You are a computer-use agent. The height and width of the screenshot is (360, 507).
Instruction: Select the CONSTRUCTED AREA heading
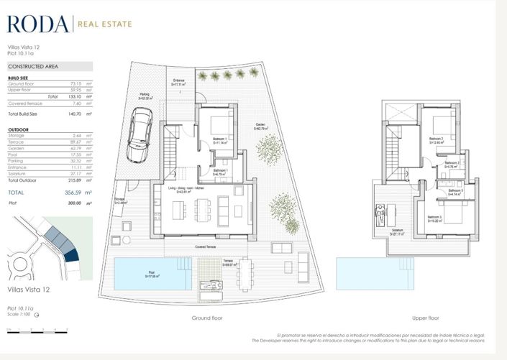pyautogui.click(x=33, y=66)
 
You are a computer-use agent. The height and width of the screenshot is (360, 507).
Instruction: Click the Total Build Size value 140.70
pyautogui.click(x=75, y=114)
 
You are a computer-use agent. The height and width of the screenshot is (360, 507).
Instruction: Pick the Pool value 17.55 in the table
pyautogui.click(x=76, y=154)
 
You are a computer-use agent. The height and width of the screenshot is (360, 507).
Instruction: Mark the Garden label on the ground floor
pyautogui.click(x=259, y=125)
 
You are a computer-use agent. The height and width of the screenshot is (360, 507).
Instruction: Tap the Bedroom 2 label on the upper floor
pyautogui.click(x=436, y=138)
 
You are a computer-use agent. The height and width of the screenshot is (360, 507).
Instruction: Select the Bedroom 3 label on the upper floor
pyautogui.click(x=434, y=217)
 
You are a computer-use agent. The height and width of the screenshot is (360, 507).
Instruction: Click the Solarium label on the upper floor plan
pyautogui.click(x=398, y=230)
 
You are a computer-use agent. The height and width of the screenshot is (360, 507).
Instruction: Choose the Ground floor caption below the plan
pyautogui.click(x=207, y=318)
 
